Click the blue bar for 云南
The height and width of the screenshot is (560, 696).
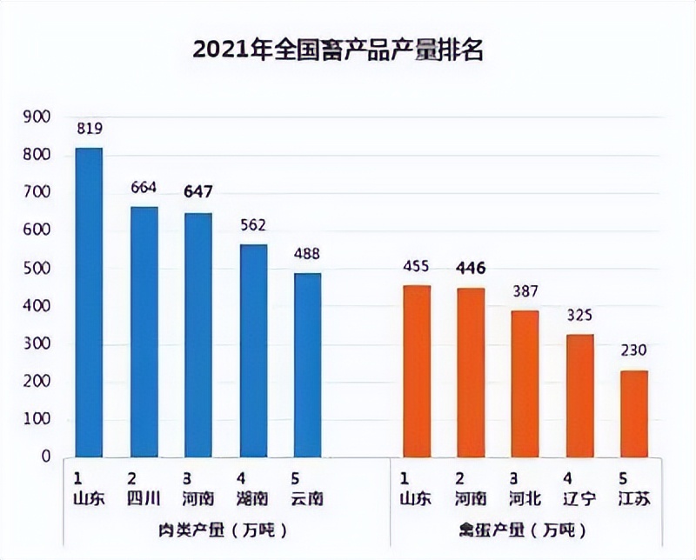(x=307, y=364)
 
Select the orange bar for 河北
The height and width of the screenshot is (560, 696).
(x=525, y=383)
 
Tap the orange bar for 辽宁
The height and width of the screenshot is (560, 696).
(x=579, y=395)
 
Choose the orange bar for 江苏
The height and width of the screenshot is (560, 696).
(x=634, y=413)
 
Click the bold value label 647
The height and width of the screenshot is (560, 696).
(x=198, y=192)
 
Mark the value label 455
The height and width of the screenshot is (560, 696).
(x=416, y=266)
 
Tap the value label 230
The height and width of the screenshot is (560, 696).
(x=634, y=351)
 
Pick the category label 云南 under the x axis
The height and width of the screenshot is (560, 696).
(x=307, y=498)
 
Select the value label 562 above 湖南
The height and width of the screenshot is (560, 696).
(x=253, y=225)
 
